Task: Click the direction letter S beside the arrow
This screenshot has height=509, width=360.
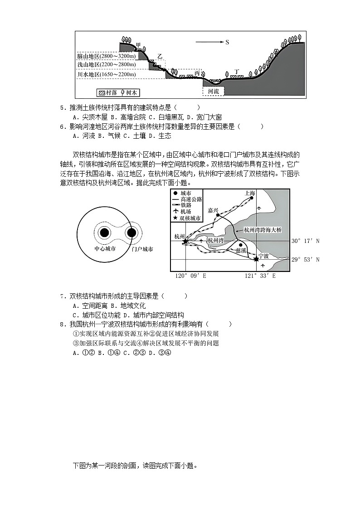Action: [x=227, y=42]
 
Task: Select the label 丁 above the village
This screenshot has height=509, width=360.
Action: [x=236, y=72]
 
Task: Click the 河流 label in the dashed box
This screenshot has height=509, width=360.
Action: [x=213, y=91]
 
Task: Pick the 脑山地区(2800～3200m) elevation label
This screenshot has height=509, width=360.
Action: [x=106, y=56]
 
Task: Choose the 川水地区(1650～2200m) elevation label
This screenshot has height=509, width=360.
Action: [x=106, y=74]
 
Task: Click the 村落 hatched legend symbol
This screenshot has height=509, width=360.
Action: [x=102, y=92]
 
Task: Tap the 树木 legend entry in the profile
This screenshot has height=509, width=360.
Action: [x=128, y=92]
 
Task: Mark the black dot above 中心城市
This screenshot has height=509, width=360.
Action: [x=104, y=233]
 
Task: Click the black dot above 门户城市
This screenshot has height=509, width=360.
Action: [x=131, y=233]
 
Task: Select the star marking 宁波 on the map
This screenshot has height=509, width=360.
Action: [x=257, y=259]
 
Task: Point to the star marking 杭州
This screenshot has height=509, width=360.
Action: [x=185, y=242]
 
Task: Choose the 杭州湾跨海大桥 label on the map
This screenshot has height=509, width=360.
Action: [x=263, y=230]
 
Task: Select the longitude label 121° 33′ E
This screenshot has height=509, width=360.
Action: [x=260, y=276]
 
